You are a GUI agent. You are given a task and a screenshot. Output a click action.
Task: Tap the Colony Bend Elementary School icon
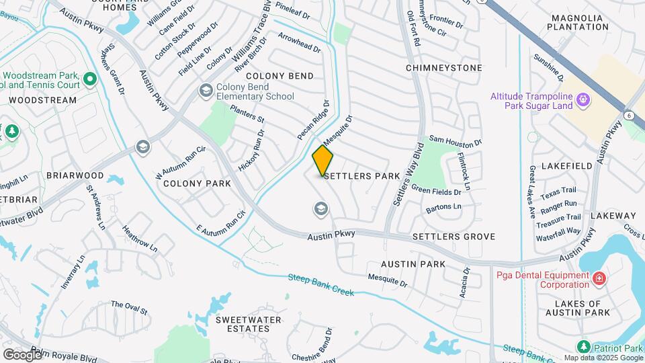point(206,91)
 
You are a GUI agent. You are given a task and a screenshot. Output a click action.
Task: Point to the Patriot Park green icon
point(584,347)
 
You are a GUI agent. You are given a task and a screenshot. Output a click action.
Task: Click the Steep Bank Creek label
point(320,286)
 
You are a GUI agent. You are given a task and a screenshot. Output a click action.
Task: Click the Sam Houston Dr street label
point(456,142)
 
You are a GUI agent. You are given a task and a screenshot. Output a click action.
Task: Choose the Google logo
point(22,354)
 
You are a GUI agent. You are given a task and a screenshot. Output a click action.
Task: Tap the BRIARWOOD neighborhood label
point(75,175)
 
